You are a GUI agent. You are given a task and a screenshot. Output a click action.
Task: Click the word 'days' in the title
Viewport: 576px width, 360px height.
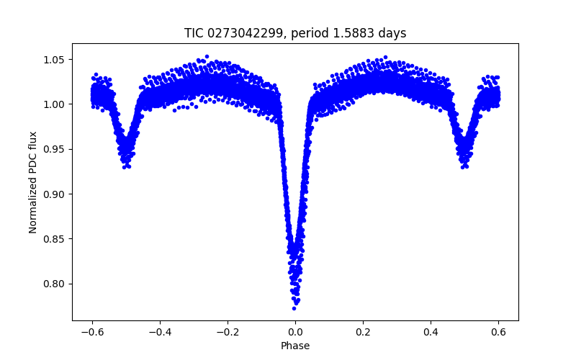click(392, 33)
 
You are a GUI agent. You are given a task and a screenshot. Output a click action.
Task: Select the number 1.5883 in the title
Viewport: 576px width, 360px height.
click(354, 33)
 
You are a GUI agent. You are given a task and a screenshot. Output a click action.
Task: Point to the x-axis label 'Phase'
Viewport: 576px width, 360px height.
click(295, 346)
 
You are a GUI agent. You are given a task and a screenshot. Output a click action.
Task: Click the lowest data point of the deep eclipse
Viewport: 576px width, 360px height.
click(294, 308)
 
